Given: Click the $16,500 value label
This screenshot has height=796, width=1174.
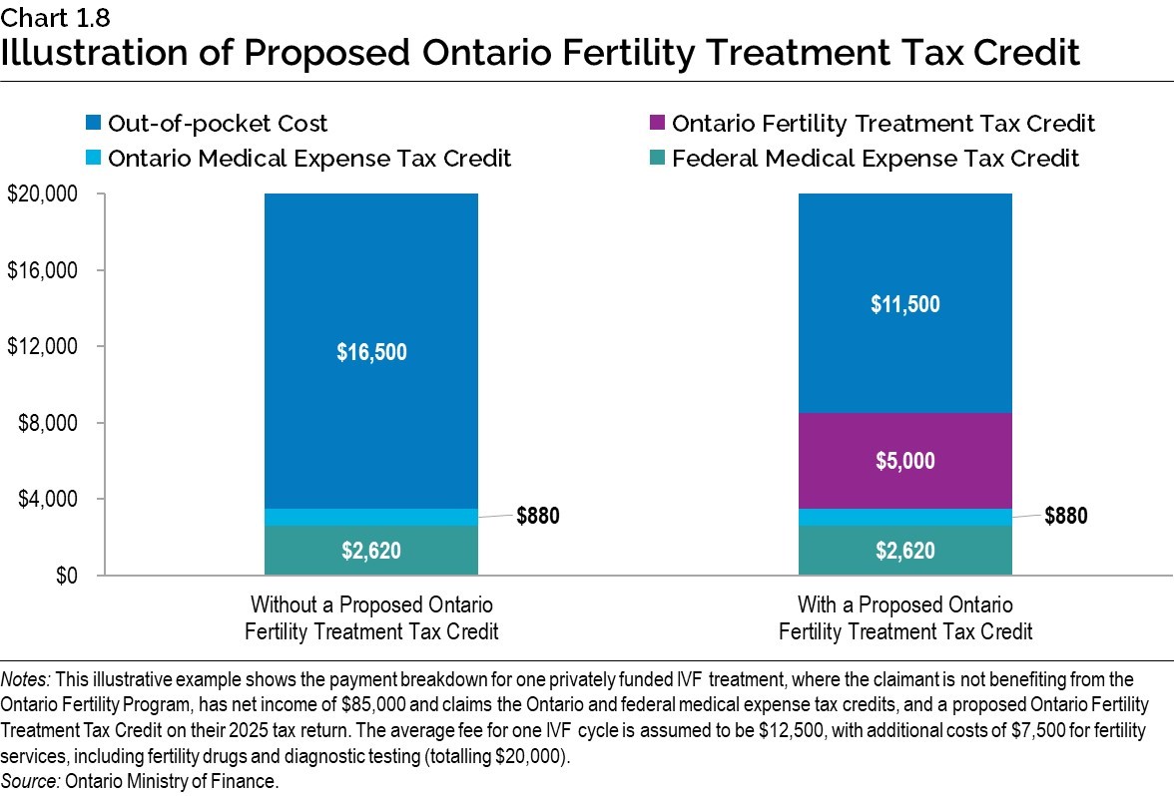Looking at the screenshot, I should pos(370,351).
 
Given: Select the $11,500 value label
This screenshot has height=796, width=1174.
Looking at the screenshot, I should pos(904,304).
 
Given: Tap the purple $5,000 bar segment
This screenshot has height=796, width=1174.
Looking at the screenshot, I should pos(904,461).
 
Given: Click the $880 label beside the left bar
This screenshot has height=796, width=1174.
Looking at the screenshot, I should pos(538,516).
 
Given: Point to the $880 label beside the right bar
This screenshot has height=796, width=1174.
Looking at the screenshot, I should pos(1065,516).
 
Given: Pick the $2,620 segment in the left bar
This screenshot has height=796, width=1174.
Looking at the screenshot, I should pos(370,551).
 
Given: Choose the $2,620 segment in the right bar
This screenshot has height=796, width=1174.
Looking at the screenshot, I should pos(904,551).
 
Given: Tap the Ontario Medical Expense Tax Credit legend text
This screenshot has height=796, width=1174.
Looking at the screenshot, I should pos(308,159).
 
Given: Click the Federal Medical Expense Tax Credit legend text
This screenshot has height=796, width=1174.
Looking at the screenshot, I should pos(875,159).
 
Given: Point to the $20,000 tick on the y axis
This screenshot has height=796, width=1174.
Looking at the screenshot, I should pos(42,195).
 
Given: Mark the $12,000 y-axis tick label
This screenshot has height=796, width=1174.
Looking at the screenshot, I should pos(42,347).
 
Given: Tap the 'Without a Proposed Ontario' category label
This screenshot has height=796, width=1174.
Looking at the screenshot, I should pos(370,605).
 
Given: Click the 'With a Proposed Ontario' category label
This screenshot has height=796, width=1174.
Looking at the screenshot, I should pos(904,605).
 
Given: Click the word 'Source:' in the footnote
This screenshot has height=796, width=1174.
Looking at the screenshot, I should pos(31,781).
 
